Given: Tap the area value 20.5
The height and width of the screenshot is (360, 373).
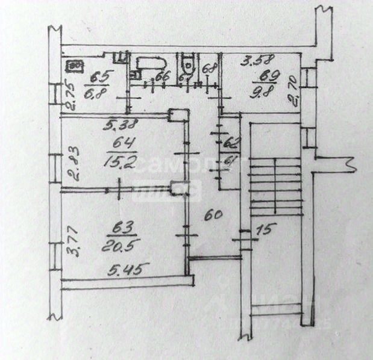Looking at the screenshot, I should click(122, 244).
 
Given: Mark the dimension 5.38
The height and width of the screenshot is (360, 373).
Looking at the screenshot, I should click(122, 125).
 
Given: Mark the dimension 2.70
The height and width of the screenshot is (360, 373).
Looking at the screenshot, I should click(295, 91).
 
